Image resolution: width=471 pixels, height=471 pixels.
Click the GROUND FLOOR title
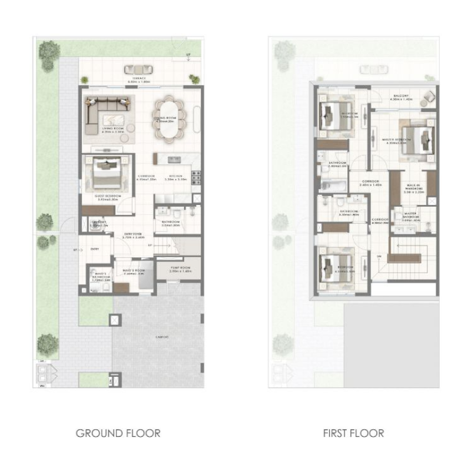(x=118, y=433)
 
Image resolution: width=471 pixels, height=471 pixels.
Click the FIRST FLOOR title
(x=353, y=433)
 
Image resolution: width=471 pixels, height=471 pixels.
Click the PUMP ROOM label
(x=180, y=268)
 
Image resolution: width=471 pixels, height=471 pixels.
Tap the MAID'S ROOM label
(x=134, y=271)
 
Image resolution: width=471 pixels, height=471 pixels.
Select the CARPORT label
(x=162, y=336)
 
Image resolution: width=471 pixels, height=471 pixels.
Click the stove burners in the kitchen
(x=197, y=175)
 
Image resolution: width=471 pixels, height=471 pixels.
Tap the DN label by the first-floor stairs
(x=380, y=257)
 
